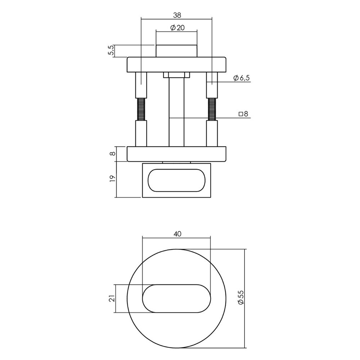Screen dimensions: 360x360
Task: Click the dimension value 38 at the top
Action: point(176,15)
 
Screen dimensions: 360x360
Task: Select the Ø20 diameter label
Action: point(176,28)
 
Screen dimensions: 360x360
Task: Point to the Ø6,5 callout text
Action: point(242,78)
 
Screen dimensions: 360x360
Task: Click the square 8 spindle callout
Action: point(244,114)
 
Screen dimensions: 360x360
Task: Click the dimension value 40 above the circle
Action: point(176,234)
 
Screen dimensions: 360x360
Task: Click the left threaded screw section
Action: point(141,109)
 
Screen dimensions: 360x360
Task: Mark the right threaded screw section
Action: point(212,109)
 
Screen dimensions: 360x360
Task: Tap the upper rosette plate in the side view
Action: point(176,65)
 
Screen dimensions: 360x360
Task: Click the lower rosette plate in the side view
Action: point(176,154)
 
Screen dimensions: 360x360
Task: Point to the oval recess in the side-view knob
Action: point(176,180)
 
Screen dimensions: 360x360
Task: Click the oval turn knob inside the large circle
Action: point(176,298)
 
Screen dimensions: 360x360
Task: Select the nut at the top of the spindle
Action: point(176,75)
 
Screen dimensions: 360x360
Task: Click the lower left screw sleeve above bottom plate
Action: point(141,133)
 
